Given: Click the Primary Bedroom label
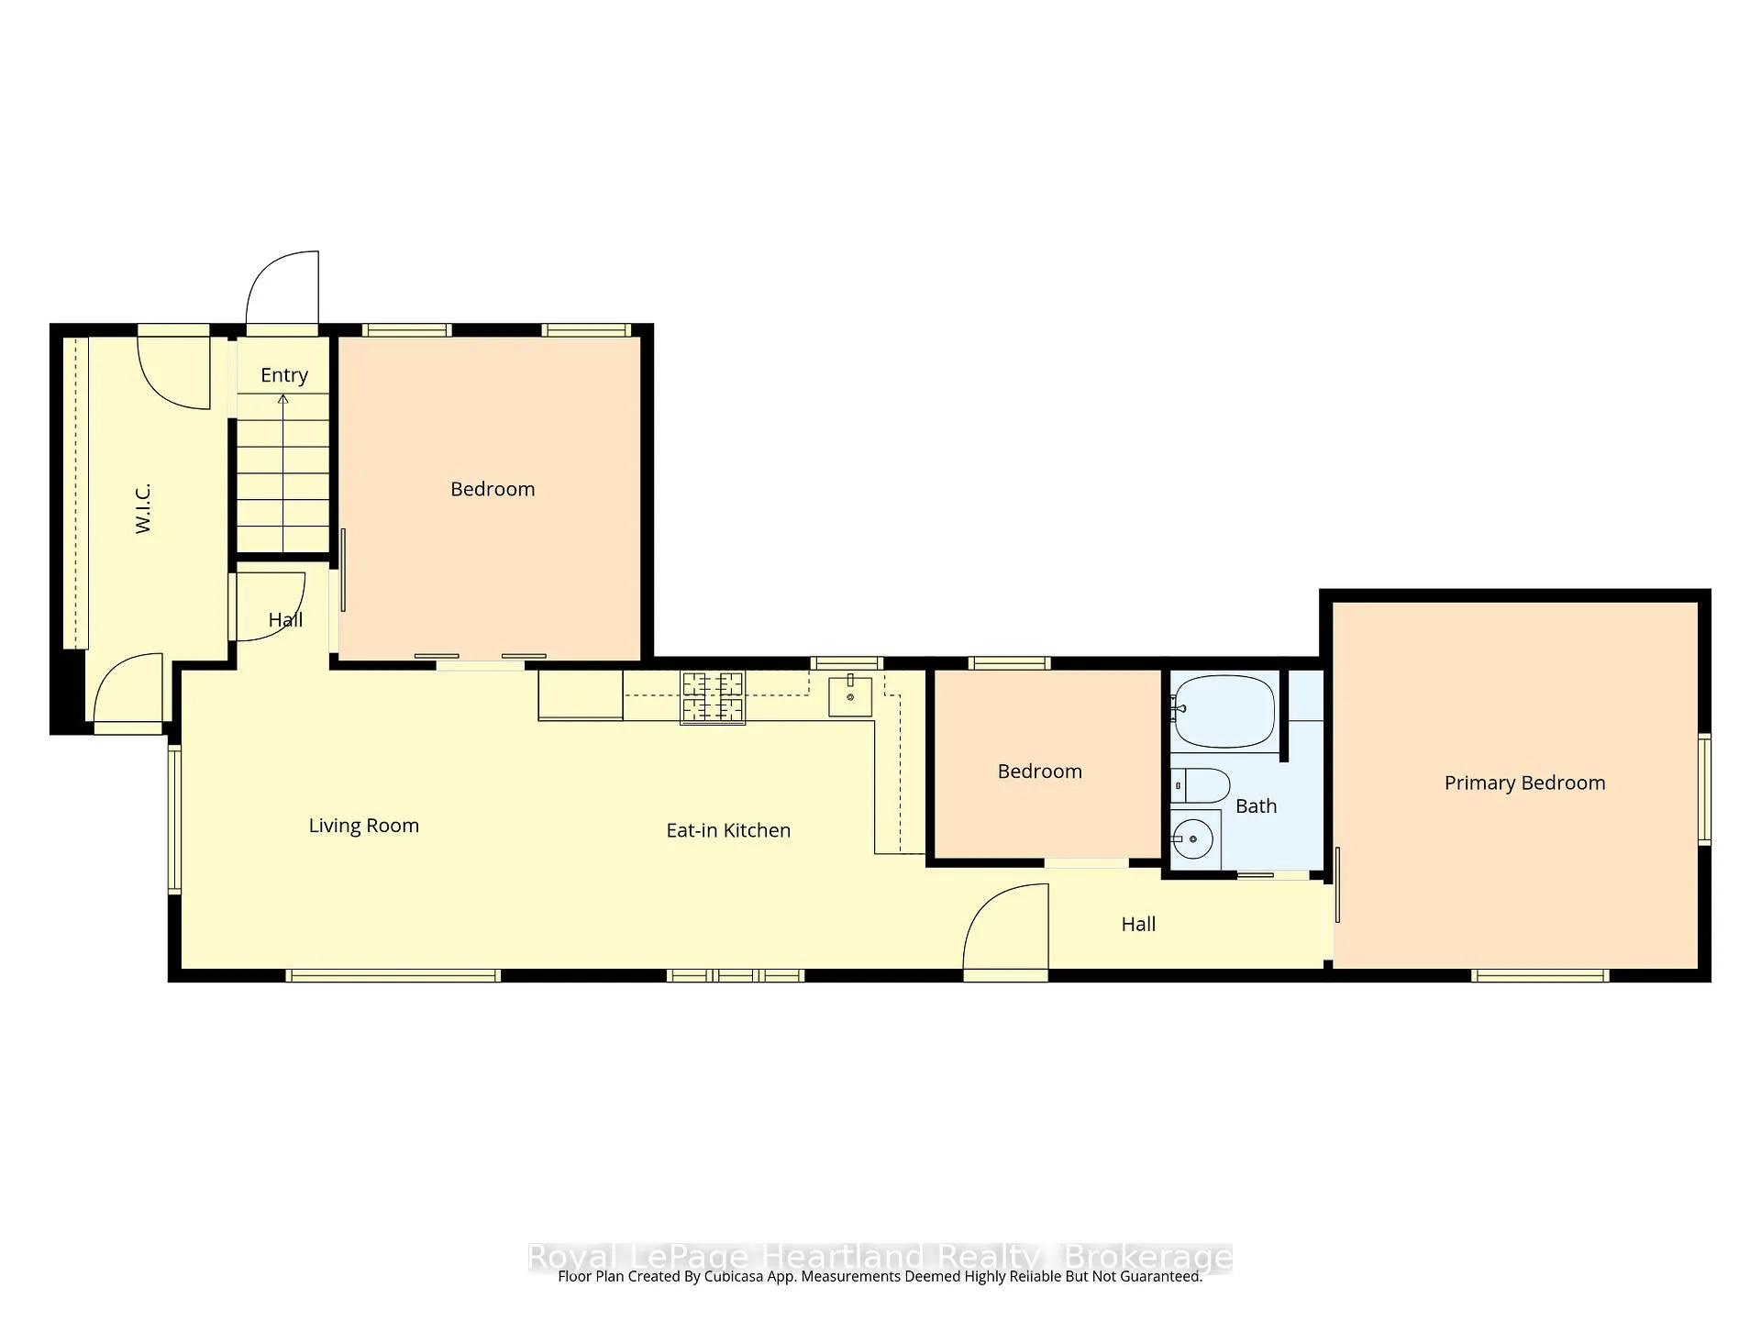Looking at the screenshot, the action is point(1524,783).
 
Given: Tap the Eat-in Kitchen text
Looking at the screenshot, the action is point(728,830).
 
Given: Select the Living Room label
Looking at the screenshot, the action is point(364,826).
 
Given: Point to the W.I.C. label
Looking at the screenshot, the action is point(142,508).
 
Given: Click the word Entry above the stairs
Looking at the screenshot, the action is point(284,375).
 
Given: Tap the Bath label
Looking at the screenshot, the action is point(1256,806).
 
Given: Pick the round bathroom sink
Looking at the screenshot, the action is point(1193,838).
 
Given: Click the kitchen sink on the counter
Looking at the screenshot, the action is point(850,696).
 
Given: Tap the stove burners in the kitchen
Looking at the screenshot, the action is point(712,698).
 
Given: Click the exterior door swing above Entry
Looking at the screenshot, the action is point(282,288).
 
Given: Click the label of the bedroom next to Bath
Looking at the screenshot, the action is point(1040,772).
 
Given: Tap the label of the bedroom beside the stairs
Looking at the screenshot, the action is point(493,489).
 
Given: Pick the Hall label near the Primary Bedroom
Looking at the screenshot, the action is point(1138,925).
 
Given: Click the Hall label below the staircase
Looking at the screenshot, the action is point(285,620).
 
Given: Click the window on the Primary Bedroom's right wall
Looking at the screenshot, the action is point(1704,789).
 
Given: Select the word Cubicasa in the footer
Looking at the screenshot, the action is point(737,1277).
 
